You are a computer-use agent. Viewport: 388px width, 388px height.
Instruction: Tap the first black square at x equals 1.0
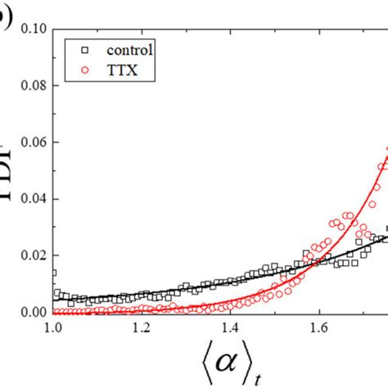[x=54, y=273]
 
